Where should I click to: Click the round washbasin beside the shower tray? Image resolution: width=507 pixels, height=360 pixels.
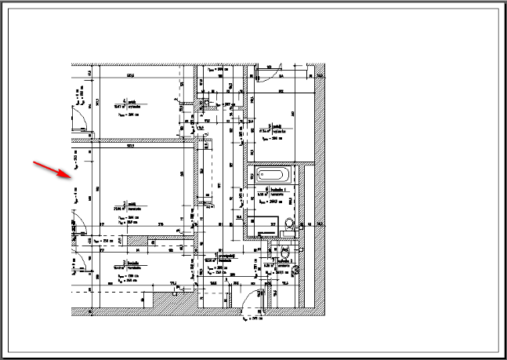[290, 224]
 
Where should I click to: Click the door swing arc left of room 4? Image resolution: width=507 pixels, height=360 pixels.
[79, 118]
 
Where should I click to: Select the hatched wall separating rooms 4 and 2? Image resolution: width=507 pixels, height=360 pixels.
[133, 143]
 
